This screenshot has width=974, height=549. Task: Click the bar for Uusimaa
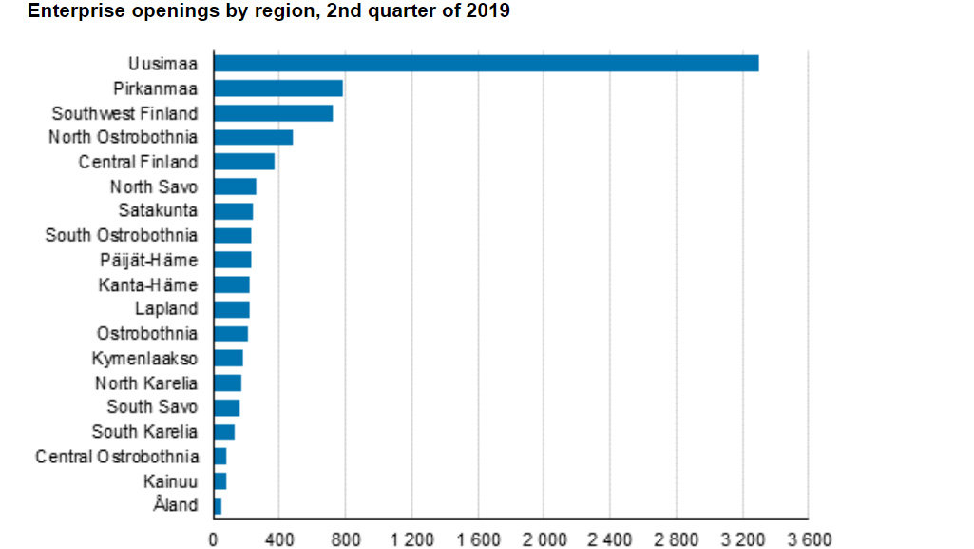486,64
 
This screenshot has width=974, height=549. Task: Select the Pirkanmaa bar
277,88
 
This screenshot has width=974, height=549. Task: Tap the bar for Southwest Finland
273,113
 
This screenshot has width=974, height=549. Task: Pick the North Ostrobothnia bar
253,138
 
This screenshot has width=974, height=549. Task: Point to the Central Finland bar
244,162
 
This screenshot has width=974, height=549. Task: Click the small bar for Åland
218,505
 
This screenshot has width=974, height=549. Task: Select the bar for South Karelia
224,432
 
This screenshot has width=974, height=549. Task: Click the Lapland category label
166,308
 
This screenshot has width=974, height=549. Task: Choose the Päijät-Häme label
148,260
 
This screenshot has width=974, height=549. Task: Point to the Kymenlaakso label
144,359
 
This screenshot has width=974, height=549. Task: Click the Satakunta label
158,210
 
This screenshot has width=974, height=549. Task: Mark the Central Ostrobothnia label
117,457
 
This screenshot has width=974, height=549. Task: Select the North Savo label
154,186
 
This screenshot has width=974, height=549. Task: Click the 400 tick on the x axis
279,539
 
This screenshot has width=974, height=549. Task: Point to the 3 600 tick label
808,539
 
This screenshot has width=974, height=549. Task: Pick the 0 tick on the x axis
214,539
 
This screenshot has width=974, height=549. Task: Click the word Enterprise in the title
70,11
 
